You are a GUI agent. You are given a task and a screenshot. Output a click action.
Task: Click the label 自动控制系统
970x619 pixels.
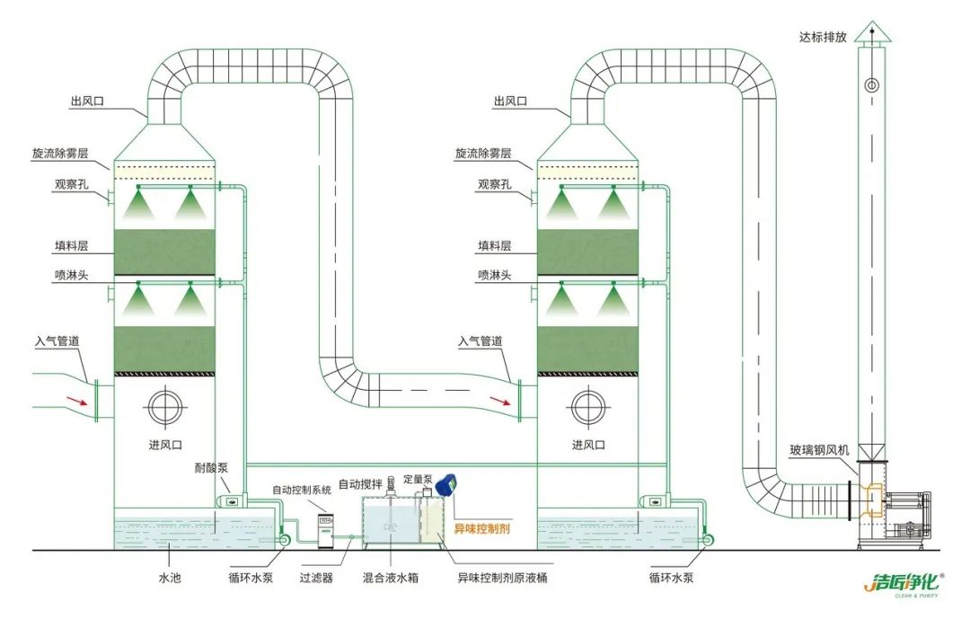click(302, 490)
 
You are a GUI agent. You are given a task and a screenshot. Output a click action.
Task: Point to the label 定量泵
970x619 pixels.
click(418, 479)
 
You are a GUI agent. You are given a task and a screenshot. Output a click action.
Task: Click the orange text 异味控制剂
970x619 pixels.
click(481, 529)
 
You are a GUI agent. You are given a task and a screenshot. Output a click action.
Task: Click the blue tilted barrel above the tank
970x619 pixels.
click(446, 483)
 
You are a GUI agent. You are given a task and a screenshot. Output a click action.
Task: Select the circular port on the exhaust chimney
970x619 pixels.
click(870, 86)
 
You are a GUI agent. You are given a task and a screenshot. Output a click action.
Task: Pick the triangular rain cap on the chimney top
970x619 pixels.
click(870, 33)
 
